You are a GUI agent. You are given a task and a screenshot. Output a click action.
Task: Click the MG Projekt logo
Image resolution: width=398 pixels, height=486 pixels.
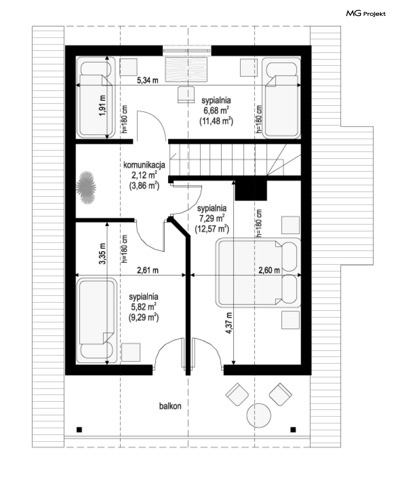point(365,14)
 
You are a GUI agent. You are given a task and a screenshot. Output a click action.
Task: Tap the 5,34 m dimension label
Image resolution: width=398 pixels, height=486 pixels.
point(147,80)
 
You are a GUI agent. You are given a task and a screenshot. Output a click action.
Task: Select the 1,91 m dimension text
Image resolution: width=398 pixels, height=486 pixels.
point(102,105)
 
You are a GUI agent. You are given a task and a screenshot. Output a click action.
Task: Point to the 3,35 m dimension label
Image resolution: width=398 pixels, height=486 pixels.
point(102,253)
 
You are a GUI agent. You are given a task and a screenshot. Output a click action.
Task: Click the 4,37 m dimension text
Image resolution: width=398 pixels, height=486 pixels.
point(229,323)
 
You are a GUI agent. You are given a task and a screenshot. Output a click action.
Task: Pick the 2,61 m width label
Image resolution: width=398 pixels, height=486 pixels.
point(147,270)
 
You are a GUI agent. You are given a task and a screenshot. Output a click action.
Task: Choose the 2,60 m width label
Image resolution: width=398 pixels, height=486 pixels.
point(269,270)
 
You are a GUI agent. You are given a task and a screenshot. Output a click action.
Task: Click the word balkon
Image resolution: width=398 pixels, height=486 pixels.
point(170,406)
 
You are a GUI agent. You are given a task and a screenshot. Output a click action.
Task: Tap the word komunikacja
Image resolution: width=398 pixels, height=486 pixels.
point(144,165)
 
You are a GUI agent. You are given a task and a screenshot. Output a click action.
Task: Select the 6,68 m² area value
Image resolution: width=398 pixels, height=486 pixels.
point(216,110)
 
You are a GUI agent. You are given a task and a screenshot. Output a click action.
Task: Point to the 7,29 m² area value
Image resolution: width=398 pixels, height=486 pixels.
point(212,218)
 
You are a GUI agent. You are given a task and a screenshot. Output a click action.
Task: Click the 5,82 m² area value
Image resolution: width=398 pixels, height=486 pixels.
point(144,307)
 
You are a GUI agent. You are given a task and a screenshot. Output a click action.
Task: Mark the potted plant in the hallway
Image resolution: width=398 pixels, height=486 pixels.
point(86,187)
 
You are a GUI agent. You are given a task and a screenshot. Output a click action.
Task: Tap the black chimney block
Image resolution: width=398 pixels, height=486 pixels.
point(251,190)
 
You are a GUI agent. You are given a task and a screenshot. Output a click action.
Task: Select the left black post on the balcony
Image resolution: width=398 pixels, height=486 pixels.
point(79,430)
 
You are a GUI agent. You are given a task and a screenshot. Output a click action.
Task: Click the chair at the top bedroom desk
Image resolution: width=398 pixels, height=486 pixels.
point(186,94)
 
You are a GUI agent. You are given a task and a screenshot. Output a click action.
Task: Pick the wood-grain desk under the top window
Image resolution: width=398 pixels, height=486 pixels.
point(186,69)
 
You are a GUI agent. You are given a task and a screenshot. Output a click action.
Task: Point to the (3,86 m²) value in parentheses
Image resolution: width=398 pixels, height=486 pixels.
point(144,186)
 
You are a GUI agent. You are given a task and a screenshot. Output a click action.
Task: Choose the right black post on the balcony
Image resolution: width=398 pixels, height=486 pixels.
point(293,430)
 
